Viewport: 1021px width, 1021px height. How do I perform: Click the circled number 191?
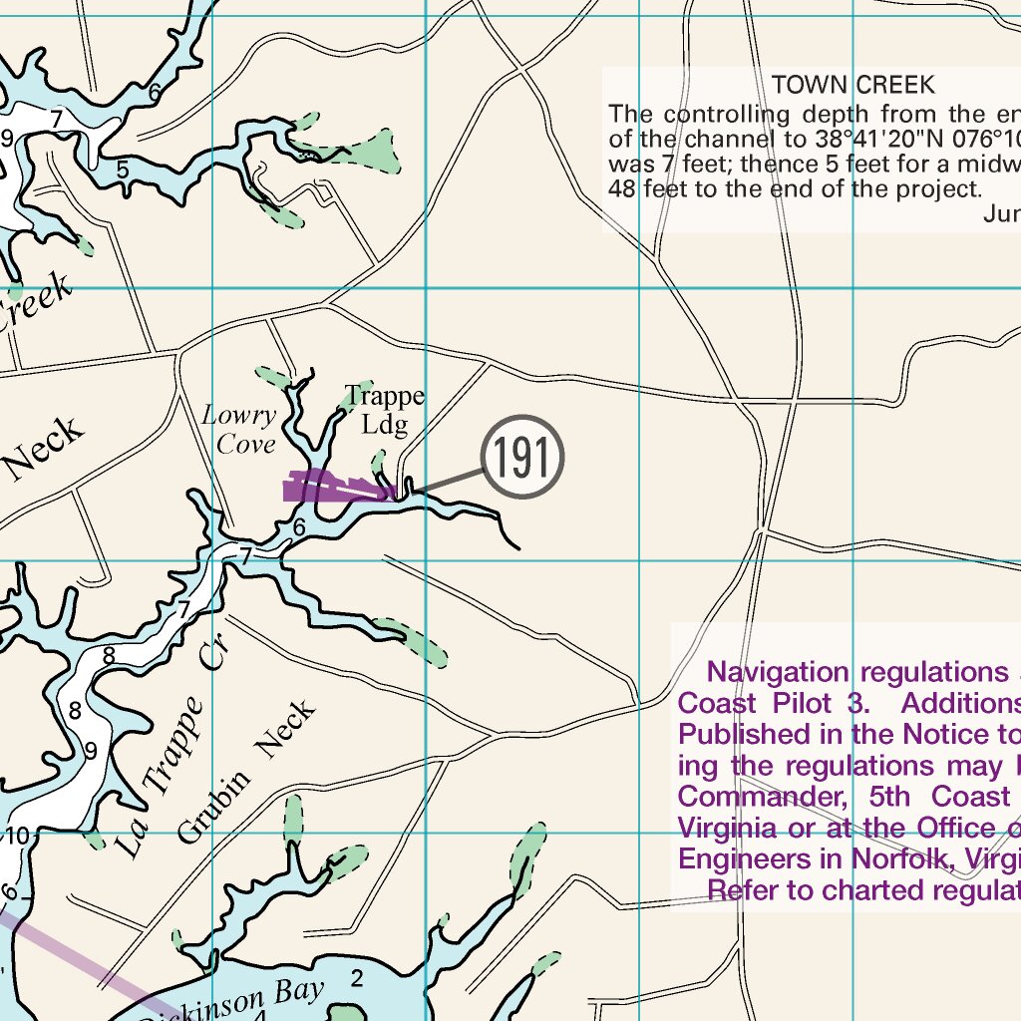pos(522,458)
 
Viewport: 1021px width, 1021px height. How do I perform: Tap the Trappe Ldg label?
pos(384,411)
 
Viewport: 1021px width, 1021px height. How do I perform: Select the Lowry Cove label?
pos(239,430)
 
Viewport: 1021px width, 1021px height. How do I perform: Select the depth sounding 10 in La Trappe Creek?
pos(19,835)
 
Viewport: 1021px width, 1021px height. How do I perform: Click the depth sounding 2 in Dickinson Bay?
pos(357,977)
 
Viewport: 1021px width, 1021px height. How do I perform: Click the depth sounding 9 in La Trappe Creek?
pos(90,751)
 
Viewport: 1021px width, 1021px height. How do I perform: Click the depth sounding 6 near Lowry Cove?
pos(298,526)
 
